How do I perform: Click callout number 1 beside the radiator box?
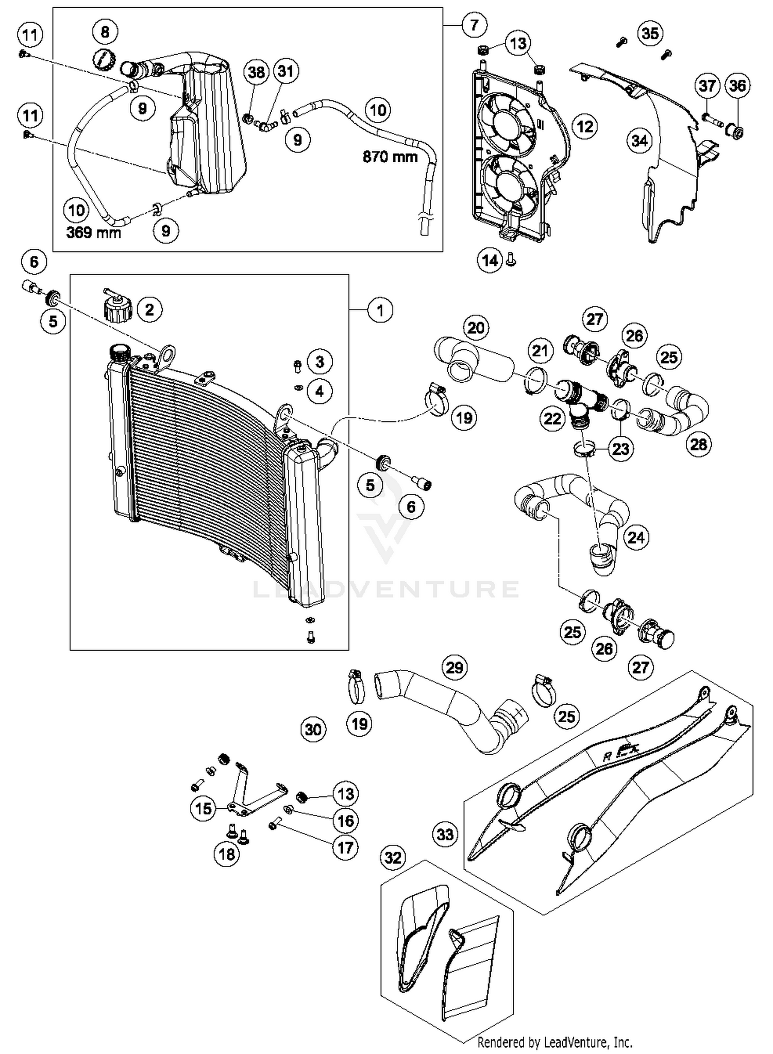coord(380,310)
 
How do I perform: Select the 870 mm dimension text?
coord(390,157)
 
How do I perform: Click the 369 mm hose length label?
coord(94,233)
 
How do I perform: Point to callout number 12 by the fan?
coord(584,126)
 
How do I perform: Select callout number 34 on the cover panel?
coord(639,140)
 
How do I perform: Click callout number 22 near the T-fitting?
coord(552,418)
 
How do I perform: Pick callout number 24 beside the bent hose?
coord(636,537)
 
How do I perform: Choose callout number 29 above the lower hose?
coord(454,668)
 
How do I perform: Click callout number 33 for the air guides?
coord(445,834)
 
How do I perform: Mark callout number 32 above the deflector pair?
coord(393,858)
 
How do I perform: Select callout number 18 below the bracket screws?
coord(227,854)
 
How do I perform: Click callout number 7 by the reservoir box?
coord(474,24)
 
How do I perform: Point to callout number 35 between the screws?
coord(650,33)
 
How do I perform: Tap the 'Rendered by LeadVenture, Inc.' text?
coord(554,1042)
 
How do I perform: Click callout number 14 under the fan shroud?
coord(490,261)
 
